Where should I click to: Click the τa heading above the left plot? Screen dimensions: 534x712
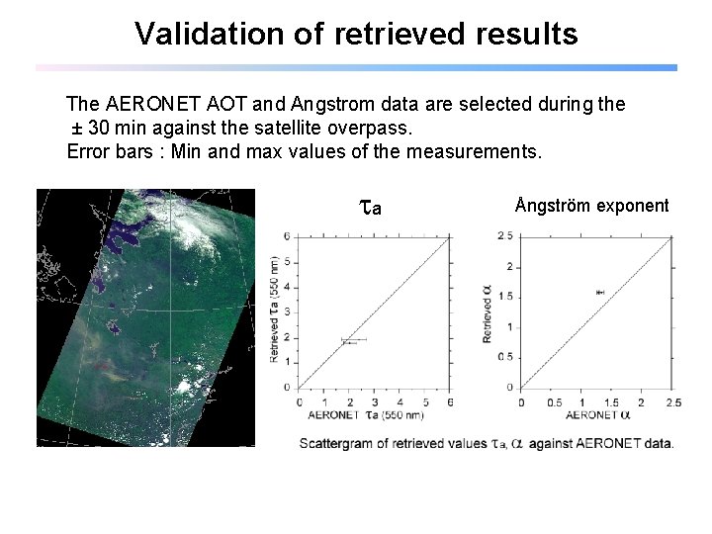(x=370, y=207)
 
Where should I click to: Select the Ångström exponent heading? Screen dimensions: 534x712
(x=591, y=206)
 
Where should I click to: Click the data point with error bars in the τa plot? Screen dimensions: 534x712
(x=350, y=340)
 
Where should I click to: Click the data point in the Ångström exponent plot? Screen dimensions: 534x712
(x=598, y=292)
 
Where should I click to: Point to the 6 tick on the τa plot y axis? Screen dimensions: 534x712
(x=287, y=236)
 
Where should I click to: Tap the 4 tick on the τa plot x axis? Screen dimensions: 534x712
(x=400, y=401)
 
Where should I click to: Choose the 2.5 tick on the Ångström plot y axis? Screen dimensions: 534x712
(x=505, y=235)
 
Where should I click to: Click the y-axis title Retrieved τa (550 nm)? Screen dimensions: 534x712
(x=274, y=309)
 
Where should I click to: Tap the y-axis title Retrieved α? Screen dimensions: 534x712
(x=488, y=314)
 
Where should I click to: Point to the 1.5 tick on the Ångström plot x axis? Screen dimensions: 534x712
(x=611, y=401)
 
